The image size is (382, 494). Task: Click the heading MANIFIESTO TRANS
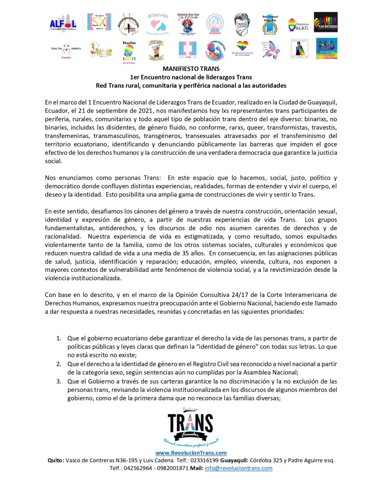click(191, 69)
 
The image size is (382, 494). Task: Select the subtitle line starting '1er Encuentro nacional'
click(191, 77)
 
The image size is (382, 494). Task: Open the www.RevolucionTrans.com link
click(191, 452)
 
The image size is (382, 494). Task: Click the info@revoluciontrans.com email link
click(245, 468)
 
